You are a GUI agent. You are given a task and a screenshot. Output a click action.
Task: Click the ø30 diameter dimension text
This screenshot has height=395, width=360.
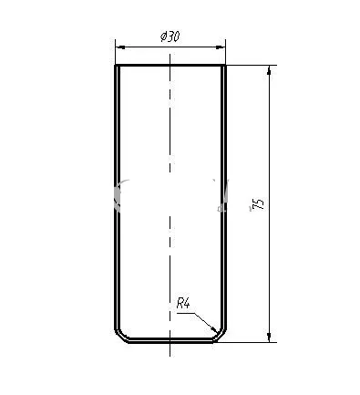pyautogui.click(x=170, y=36)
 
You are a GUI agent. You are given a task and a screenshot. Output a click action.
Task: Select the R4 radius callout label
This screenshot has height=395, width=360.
pyautogui.click(x=183, y=304)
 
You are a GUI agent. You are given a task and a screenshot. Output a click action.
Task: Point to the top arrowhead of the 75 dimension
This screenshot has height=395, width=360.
pyautogui.click(x=270, y=70)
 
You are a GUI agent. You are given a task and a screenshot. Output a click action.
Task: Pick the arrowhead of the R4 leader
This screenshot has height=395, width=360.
pyautogui.click(x=215, y=329)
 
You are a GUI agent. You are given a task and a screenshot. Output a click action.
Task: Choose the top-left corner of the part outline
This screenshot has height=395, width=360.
pyautogui.click(x=116, y=65)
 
